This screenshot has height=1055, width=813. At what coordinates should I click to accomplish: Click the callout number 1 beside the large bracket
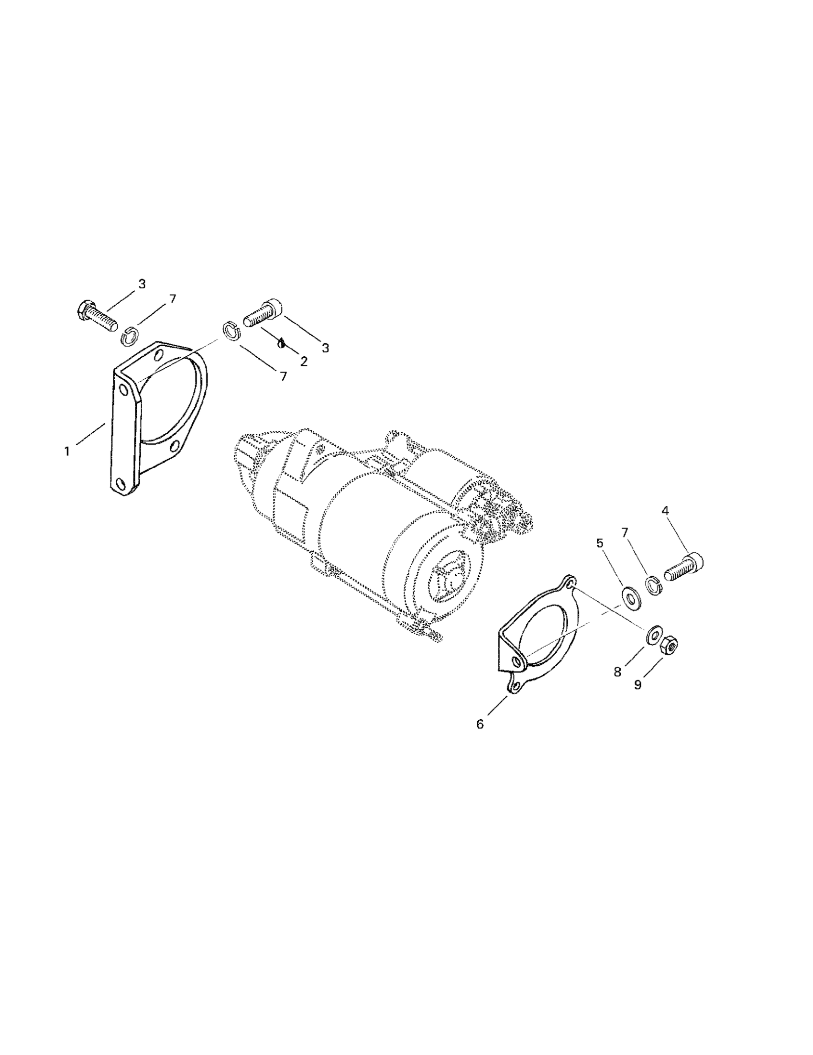tap(67, 451)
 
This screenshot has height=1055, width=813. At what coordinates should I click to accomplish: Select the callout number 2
tap(303, 362)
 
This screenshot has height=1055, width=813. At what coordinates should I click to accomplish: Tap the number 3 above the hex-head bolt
tap(142, 284)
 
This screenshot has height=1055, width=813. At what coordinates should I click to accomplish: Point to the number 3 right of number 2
tap(325, 348)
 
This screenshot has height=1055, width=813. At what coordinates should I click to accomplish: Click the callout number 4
tap(665, 510)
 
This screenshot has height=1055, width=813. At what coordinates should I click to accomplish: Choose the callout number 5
tap(600, 543)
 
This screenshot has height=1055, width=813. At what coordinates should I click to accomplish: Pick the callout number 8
tap(617, 672)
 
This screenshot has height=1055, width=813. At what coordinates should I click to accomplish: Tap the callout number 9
tap(637, 685)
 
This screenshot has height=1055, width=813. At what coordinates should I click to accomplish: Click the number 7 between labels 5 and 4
tap(625, 532)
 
